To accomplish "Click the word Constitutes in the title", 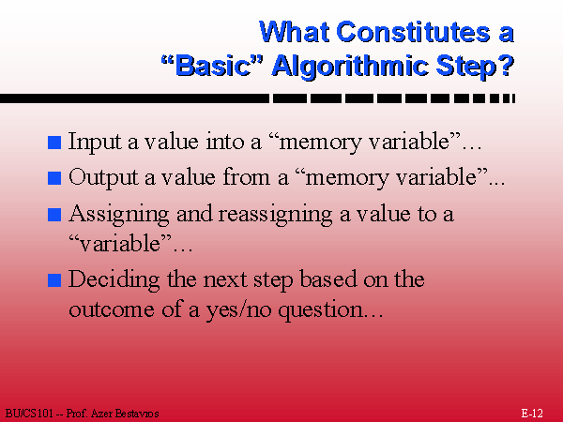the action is [413, 32].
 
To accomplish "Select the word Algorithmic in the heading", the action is [350, 68].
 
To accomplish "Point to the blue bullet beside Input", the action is [54, 143].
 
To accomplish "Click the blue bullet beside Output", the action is [54, 178].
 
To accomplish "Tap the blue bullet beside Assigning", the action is [54, 215].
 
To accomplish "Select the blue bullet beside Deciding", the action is [54, 280].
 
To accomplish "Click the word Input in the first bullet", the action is [95, 143].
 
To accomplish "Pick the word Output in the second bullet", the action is [103, 177].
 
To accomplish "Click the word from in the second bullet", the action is [246, 177].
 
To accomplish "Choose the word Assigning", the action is [119, 215].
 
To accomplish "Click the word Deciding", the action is [114, 280].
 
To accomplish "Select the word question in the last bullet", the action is [321, 310].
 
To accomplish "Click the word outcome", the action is [112, 310].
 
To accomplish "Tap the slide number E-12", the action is [532, 413].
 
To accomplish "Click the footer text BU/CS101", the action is [29, 414].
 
